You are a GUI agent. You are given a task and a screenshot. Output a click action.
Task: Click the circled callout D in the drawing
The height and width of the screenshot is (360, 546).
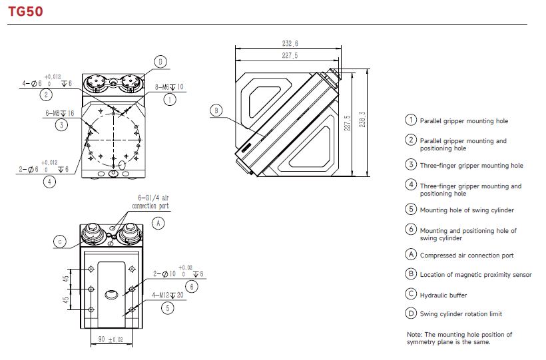[160, 61]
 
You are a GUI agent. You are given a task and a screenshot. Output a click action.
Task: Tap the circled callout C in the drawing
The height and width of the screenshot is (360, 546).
[60, 242]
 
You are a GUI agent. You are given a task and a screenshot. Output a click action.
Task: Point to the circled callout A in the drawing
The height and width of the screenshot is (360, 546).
[158, 224]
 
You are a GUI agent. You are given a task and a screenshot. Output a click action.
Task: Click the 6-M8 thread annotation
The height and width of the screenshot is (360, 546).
[61, 114]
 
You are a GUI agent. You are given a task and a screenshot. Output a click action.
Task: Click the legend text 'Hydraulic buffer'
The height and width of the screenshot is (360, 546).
[443, 295]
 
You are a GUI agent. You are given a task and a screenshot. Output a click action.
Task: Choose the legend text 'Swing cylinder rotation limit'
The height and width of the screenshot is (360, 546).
[461, 313]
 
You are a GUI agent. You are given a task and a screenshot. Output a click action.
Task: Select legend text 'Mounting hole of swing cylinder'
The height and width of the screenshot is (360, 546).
[467, 210]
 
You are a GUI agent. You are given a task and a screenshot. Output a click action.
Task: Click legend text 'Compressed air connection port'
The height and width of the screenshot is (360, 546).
[467, 256]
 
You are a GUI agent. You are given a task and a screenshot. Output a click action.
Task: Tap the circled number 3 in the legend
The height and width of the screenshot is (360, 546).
[411, 165]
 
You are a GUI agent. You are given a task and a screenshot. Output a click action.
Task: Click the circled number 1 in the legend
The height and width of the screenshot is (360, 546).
[411, 120]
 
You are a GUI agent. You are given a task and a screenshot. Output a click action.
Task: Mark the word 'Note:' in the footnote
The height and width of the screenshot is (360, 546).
[415, 334]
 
